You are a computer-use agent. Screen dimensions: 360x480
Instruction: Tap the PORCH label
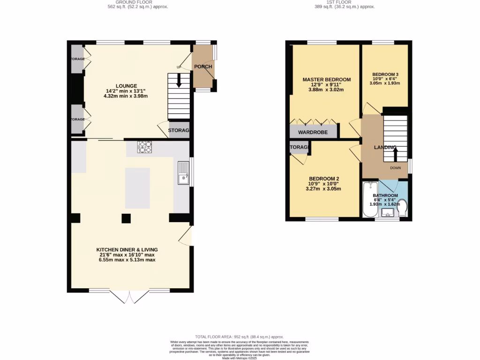pyautogui.click(x=203, y=67)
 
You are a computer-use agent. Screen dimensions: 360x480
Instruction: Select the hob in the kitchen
pyautogui.click(x=144, y=147)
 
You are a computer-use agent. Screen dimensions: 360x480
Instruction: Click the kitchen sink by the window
pyautogui.click(x=183, y=172)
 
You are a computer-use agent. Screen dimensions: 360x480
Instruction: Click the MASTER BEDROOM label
pyautogui.click(x=326, y=80)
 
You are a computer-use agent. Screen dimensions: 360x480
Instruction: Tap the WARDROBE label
pyautogui.click(x=313, y=132)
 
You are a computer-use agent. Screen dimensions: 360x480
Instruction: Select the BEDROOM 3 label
pyautogui.click(x=385, y=75)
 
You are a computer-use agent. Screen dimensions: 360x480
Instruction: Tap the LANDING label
pyautogui.click(x=385, y=147)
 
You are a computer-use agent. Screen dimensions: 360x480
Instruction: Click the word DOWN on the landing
pyautogui.click(x=395, y=167)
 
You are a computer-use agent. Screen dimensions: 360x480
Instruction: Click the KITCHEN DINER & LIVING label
pyautogui.click(x=127, y=249)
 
